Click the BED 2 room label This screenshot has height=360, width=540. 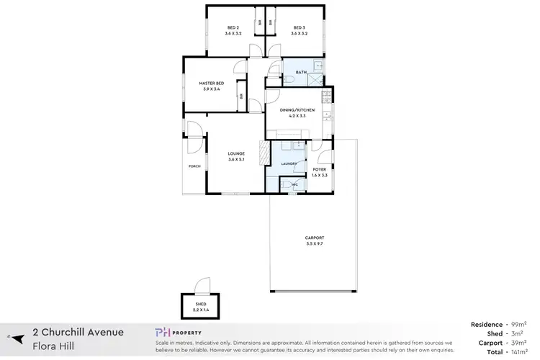point(231,28)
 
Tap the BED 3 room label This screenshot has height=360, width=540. point(298,28)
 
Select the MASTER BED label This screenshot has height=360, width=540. point(212,84)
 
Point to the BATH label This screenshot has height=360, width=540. point(301,72)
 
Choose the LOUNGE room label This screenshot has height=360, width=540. point(236,153)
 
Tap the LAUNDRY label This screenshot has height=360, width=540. point(290,165)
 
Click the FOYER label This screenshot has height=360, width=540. point(320,169)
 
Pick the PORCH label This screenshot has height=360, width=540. point(194,166)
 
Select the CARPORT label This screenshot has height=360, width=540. point(315,238)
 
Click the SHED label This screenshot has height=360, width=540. point(201,304)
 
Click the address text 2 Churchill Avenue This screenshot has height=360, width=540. point(78,332)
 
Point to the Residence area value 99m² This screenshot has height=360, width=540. point(519,325)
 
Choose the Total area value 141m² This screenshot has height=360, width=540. point(518,353)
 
